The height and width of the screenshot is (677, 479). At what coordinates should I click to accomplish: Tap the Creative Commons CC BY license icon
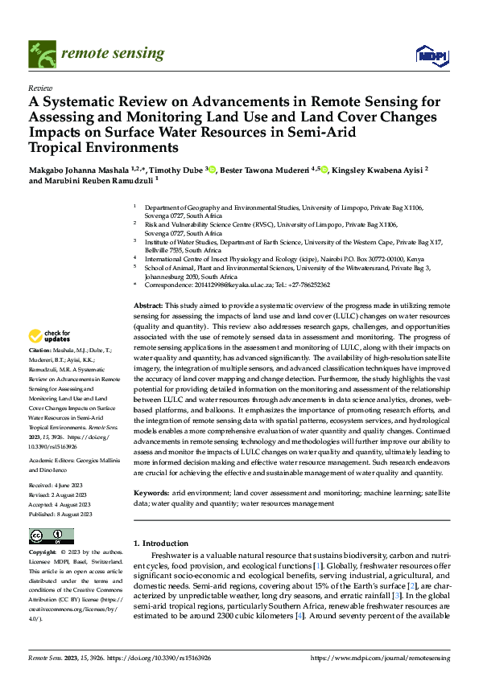coord(51,536)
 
